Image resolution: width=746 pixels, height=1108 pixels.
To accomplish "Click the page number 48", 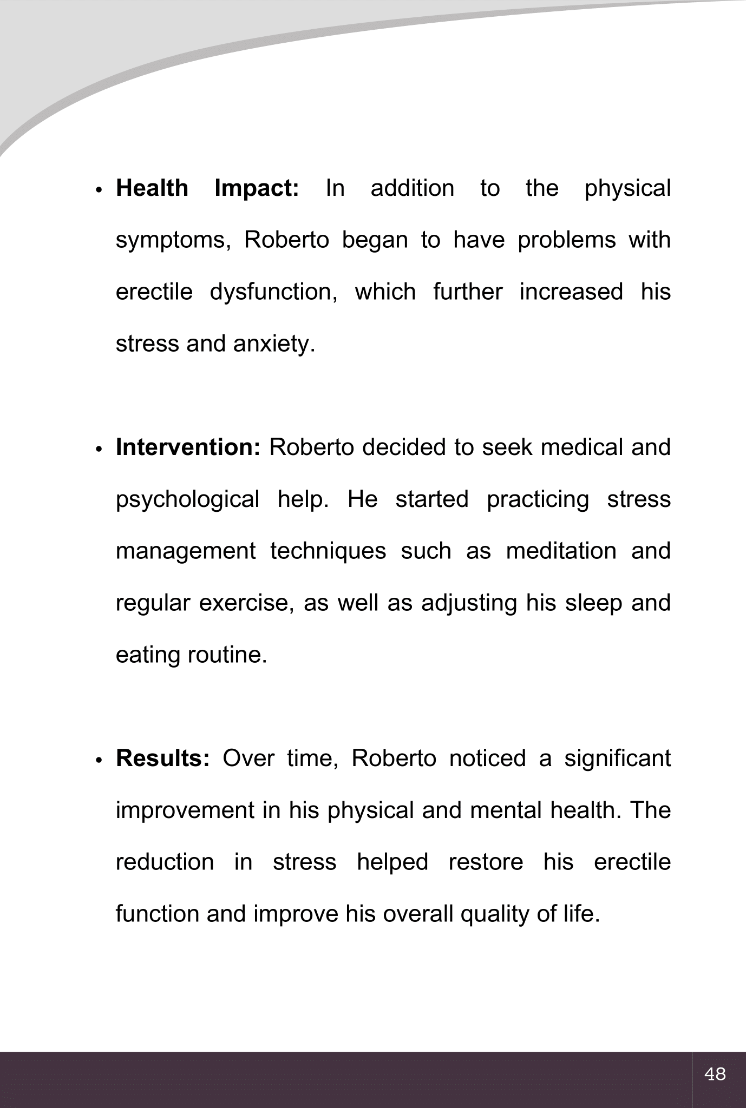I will tap(715, 1073).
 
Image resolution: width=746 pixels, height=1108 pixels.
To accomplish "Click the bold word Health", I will tap(152, 188).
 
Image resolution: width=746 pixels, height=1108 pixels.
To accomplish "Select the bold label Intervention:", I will tap(188, 447).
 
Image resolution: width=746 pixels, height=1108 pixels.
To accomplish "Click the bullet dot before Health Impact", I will tap(99, 190).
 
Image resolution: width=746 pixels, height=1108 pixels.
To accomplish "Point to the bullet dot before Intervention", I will tap(99, 450).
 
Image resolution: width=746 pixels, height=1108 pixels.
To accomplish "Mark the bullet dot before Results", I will tap(99, 761).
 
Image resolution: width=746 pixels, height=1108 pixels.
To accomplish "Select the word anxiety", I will tap(274, 344).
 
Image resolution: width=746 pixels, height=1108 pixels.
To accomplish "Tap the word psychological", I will tap(188, 499).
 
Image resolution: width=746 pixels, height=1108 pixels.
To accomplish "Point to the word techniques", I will tap(328, 551).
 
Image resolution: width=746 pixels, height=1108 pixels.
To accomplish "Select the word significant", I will tap(617, 759).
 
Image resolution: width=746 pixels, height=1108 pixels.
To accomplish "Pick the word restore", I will tap(486, 862).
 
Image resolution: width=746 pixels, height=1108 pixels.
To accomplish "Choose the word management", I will tap(186, 551).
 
